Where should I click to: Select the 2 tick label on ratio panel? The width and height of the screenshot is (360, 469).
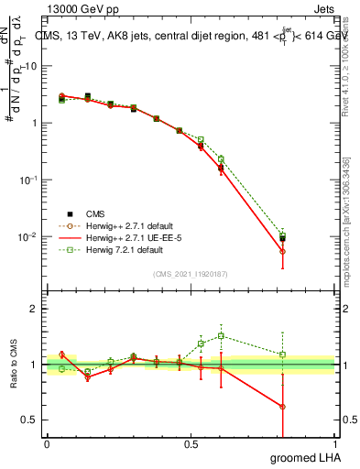[33, 309]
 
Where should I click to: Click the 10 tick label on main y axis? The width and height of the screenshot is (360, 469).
[29, 66]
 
